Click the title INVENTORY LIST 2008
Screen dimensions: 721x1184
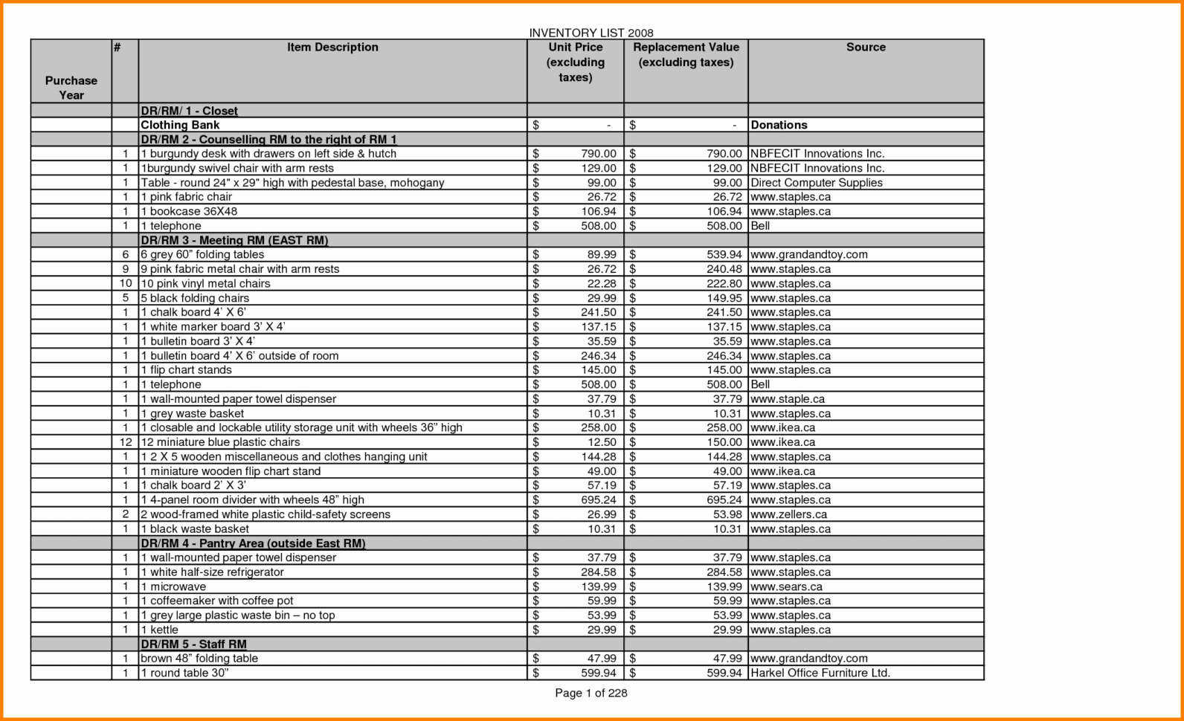click(x=591, y=33)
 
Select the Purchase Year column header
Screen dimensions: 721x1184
click(x=71, y=87)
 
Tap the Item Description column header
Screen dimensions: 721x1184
click(x=332, y=48)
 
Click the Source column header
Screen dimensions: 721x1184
click(x=866, y=48)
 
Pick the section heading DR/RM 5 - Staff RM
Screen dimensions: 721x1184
click(x=193, y=644)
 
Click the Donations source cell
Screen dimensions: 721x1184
click(x=779, y=125)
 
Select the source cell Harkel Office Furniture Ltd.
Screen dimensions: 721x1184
click(x=820, y=673)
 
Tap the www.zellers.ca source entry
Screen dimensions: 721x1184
click(x=788, y=514)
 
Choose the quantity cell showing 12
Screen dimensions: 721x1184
click(x=126, y=442)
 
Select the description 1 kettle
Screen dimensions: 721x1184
click(x=160, y=630)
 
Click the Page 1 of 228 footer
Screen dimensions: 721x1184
click(x=591, y=693)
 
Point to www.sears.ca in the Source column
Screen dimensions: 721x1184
click(x=786, y=586)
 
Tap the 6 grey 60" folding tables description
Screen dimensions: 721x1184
click(x=202, y=255)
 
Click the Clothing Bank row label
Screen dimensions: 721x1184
click(x=180, y=125)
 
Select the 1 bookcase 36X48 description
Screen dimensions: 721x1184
click(x=189, y=212)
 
